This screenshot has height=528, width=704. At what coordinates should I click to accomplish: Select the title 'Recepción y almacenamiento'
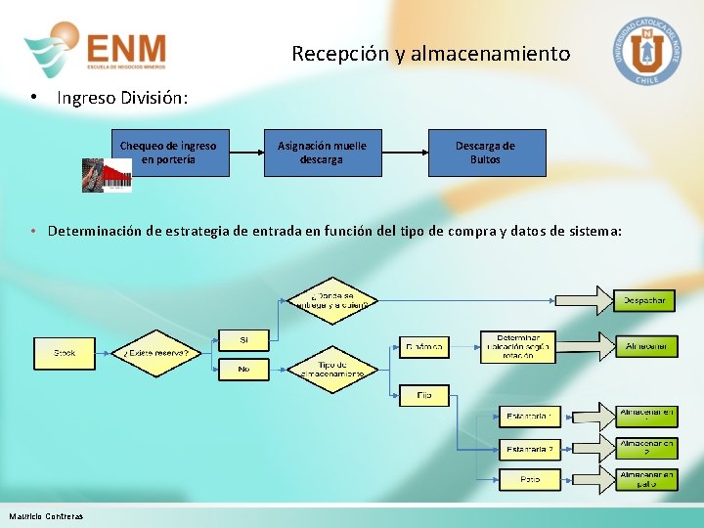coord(430,54)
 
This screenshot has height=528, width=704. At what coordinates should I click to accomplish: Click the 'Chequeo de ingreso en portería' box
coord(168,153)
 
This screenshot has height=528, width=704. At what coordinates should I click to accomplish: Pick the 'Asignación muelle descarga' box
coord(322,153)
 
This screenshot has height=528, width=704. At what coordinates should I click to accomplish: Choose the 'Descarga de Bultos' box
coord(485,153)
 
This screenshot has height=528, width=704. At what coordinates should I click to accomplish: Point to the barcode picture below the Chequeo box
coord(107,176)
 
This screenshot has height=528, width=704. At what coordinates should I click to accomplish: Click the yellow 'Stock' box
coord(64,353)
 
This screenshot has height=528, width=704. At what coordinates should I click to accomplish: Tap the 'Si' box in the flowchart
coord(243,340)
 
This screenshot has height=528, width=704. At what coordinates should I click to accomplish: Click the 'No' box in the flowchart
coord(243,370)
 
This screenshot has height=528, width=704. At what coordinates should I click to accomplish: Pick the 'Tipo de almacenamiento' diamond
coord(332,370)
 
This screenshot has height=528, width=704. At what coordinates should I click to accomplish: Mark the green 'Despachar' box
coord(644,300)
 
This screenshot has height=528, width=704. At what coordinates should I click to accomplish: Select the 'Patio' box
coord(529,480)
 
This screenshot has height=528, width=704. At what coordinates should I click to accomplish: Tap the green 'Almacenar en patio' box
coord(646,479)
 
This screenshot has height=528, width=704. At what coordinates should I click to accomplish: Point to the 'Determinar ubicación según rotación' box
coord(517,347)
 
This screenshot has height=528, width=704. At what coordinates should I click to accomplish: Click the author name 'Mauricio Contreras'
coord(46,516)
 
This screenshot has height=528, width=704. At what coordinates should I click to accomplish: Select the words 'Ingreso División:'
coord(122,98)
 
